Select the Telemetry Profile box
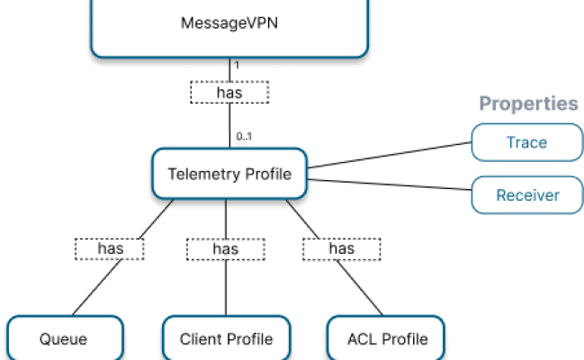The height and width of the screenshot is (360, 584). pyautogui.click(x=229, y=174)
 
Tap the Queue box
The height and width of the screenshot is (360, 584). pyautogui.click(x=63, y=338)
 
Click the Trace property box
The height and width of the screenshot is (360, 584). pyautogui.click(x=526, y=142)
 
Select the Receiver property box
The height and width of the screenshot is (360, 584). pyautogui.click(x=526, y=194)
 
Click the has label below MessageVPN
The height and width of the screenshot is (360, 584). pyautogui.click(x=229, y=91)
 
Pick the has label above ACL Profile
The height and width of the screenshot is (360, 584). pyautogui.click(x=341, y=247)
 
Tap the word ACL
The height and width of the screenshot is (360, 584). pyautogui.click(x=362, y=338)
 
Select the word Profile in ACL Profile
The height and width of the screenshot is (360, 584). pyautogui.click(x=404, y=338)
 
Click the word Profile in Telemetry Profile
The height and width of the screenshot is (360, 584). pyautogui.click(x=268, y=174)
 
